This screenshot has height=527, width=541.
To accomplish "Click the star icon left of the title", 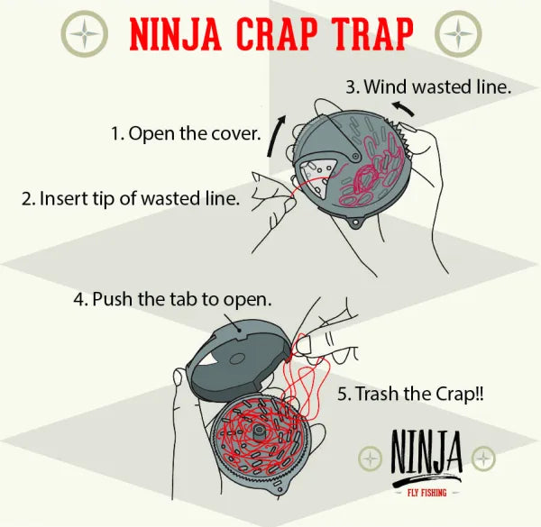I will click(87, 34).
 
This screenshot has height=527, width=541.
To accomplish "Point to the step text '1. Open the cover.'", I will click(186, 133).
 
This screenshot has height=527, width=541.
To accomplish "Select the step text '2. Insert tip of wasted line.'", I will click(131, 198).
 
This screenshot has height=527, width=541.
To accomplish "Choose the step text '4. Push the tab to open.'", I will click(173, 298).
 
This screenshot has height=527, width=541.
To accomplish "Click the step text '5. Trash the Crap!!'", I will click(411, 394).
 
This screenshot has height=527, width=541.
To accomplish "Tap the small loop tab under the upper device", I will click(355, 223).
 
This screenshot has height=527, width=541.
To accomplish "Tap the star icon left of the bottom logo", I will click(370, 459).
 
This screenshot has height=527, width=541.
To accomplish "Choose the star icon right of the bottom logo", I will click(486, 459).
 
